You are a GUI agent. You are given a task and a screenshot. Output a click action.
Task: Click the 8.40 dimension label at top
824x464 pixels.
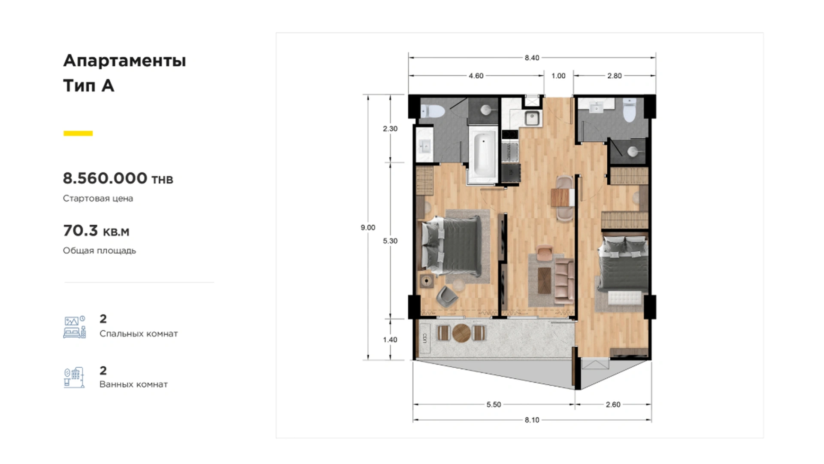click(531, 58)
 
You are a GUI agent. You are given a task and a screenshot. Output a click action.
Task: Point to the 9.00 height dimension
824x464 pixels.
click(368, 228)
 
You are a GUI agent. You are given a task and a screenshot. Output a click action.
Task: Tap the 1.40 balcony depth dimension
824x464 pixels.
click(390, 340)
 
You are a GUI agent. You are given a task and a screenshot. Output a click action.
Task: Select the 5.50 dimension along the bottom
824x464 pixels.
click(494, 405)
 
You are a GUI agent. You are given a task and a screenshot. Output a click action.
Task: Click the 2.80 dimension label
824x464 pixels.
click(614, 76)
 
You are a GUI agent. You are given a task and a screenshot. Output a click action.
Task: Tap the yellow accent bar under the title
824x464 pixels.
click(78, 133)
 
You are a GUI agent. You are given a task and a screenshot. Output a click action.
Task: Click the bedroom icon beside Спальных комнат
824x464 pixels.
click(75, 327)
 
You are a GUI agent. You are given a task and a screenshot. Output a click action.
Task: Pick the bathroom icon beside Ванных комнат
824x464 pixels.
click(74, 378)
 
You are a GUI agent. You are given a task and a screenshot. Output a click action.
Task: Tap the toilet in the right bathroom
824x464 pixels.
click(629, 111)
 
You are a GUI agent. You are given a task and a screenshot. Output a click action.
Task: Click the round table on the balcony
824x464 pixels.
click(461, 333)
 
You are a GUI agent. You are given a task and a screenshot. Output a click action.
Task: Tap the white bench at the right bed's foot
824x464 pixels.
click(625, 298)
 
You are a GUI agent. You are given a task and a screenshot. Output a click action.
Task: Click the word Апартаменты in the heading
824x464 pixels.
click(124, 61)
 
